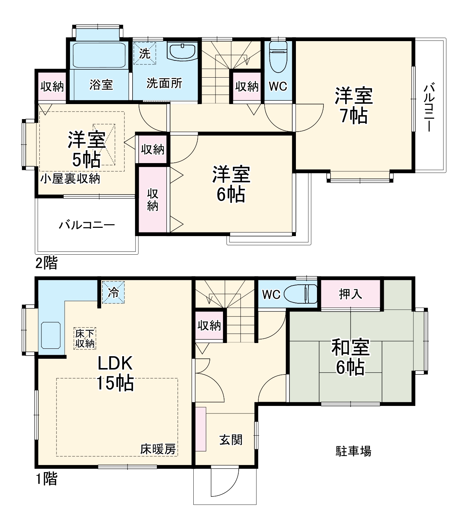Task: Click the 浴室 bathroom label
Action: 101,85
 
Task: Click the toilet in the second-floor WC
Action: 278,56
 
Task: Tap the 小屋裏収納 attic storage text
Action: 70,178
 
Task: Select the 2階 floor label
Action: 46,264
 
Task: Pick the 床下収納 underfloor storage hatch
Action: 85,338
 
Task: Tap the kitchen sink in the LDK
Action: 51,335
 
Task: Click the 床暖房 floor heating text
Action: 158,449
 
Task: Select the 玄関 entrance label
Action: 231,440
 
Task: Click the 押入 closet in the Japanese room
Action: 351,294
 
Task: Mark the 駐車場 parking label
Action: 353,451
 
